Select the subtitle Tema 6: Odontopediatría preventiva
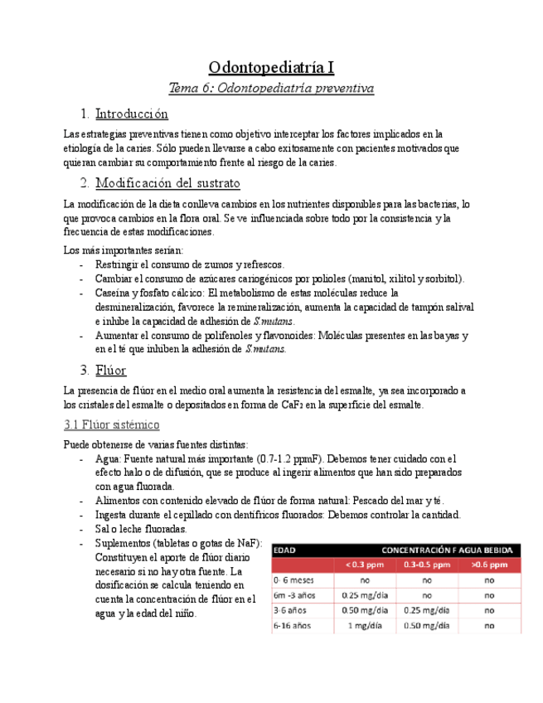coord(271,88)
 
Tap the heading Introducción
coord(131,113)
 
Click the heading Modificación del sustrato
coord(167,182)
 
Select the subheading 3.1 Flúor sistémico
coord(111,424)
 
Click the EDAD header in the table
coord(285,550)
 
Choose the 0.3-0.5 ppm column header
coord(427,565)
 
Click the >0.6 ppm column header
coord(489,565)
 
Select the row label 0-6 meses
coord(295,580)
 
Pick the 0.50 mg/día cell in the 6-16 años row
coord(427,625)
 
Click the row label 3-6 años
coord(290,610)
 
